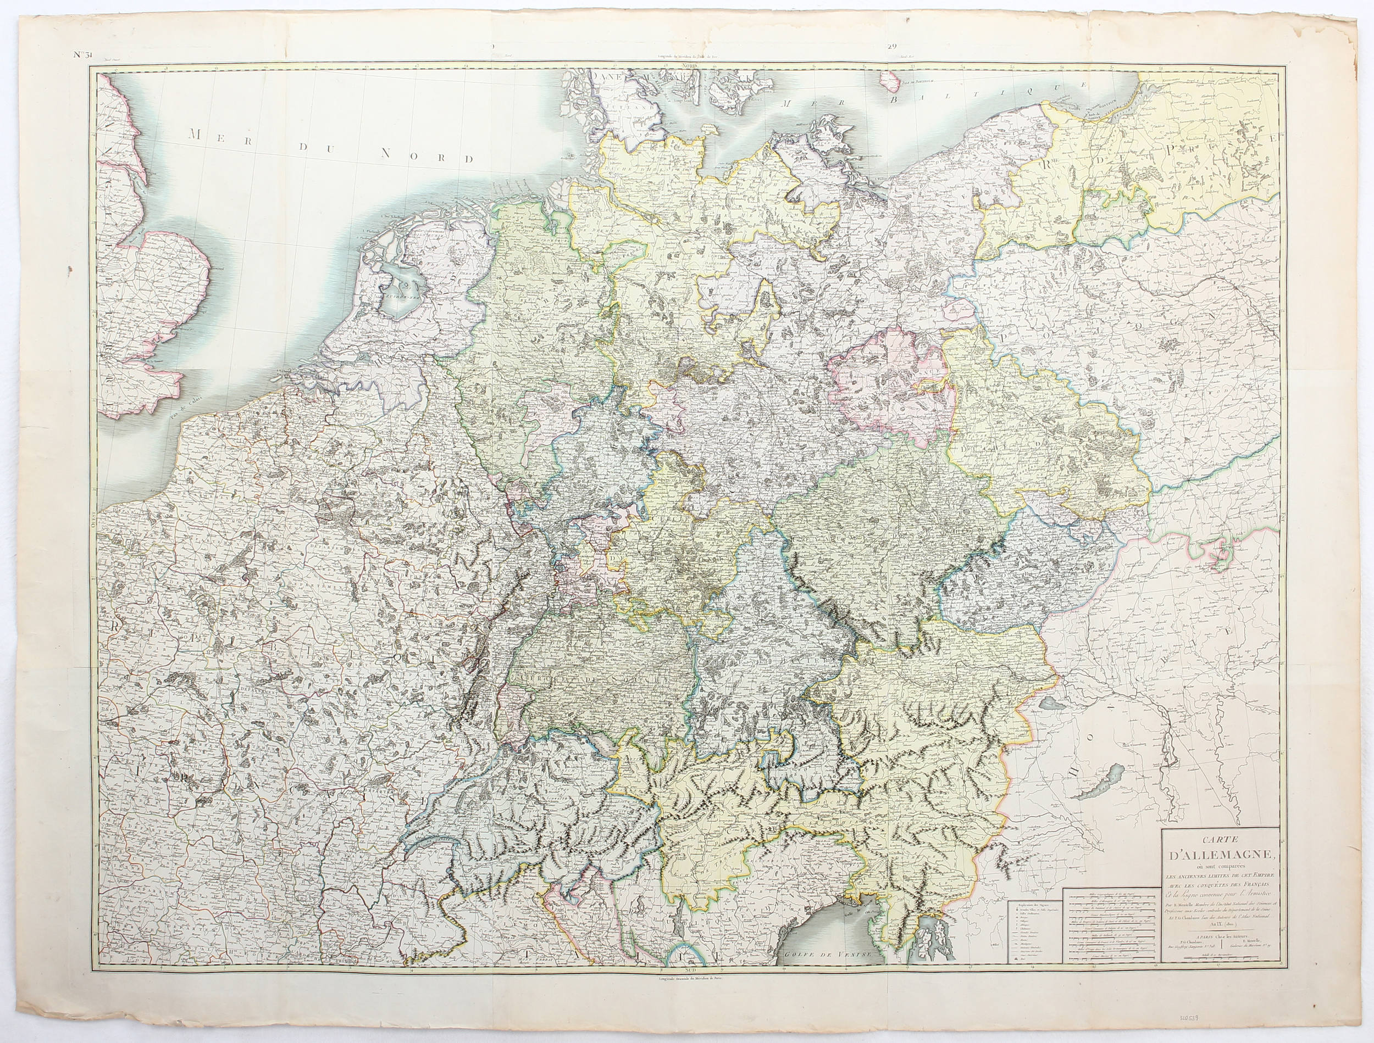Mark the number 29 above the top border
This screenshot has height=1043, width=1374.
point(893,46)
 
